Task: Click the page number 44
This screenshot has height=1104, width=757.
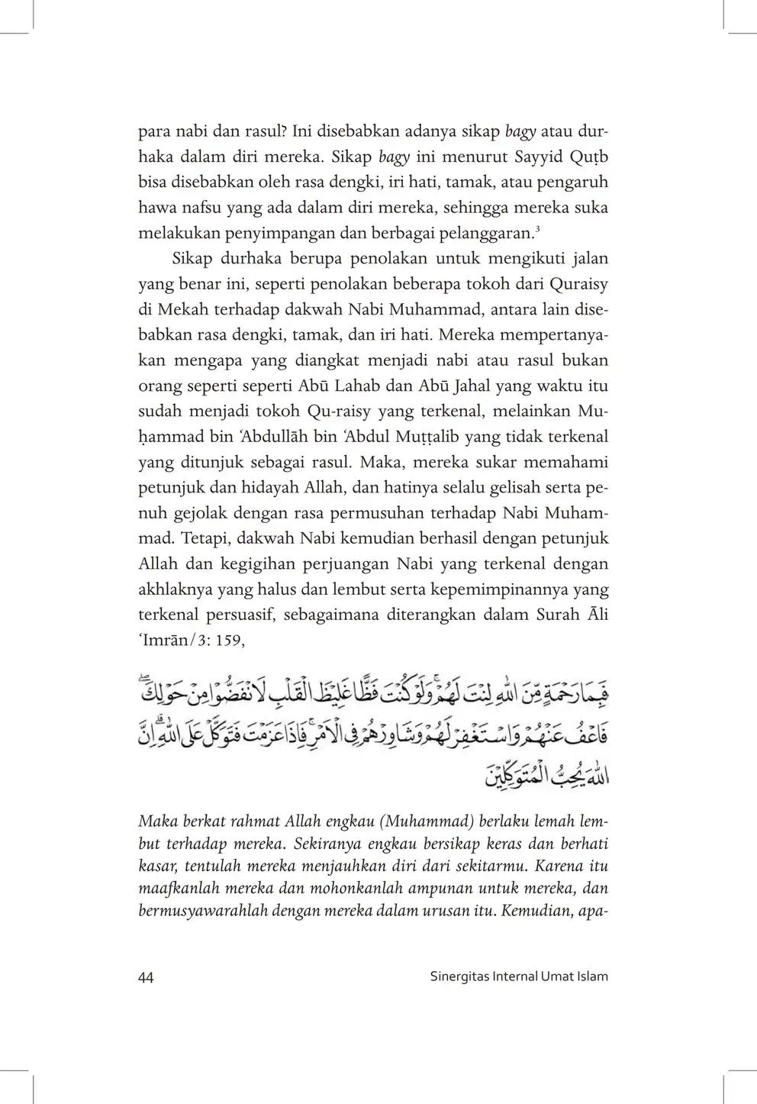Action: [146, 977]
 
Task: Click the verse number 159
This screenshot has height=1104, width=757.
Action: [227, 641]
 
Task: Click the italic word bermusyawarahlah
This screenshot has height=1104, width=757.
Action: [201, 911]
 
